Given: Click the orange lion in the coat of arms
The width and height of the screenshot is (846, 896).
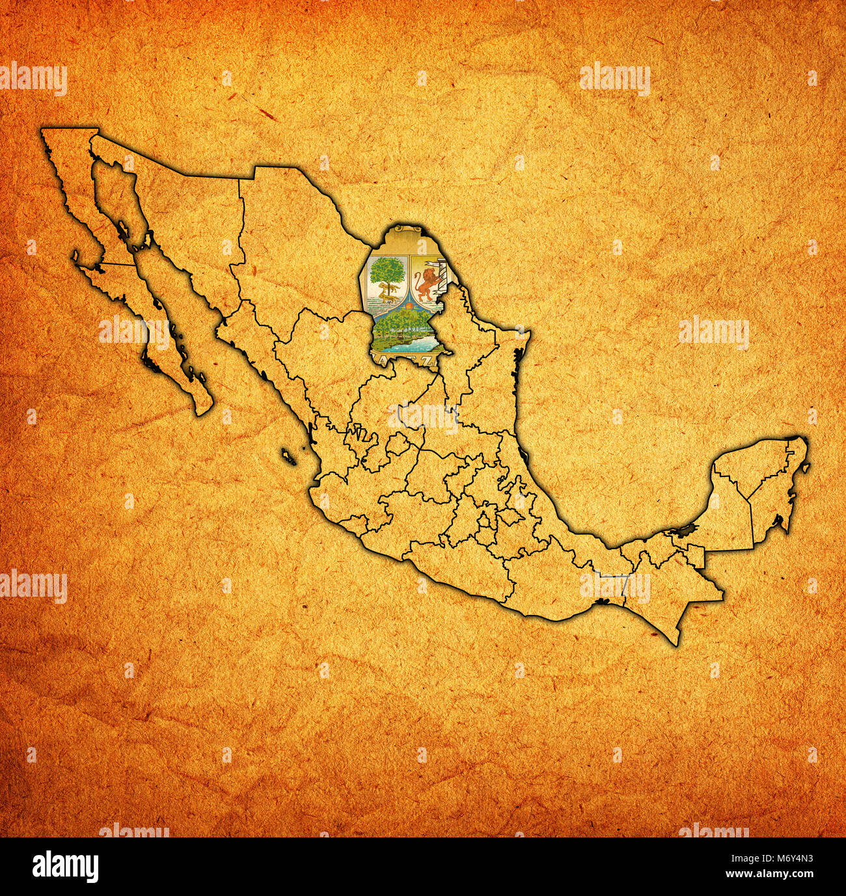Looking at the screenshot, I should [427, 283].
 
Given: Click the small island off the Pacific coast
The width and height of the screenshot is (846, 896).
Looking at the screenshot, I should [287, 455].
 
